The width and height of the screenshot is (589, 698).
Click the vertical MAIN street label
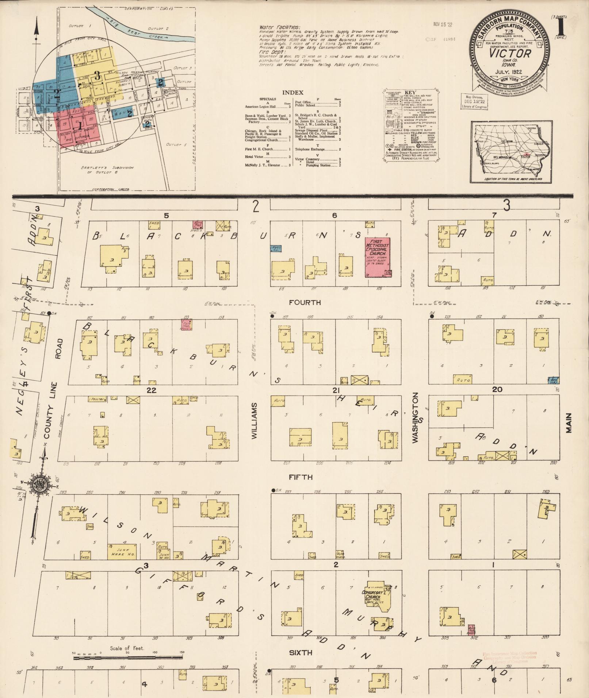(569, 423)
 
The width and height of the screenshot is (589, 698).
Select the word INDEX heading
(292, 93)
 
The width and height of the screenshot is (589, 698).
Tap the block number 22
(152, 390)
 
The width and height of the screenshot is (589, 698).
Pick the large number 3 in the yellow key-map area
(97, 76)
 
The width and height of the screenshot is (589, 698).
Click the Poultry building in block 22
(97, 399)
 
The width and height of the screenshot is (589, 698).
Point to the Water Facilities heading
(279, 27)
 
